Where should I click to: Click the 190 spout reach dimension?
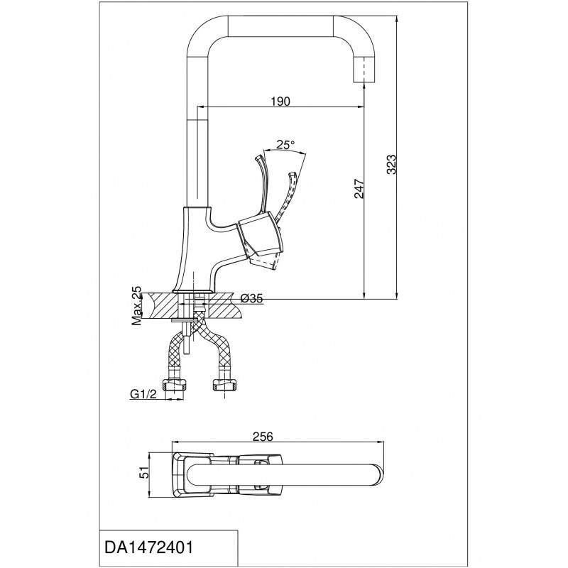click(x=280, y=102)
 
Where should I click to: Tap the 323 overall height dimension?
click(x=392, y=165)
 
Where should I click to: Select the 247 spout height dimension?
click(x=359, y=189)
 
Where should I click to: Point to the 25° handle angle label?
click(x=285, y=145)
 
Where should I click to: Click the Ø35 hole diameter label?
click(x=251, y=298)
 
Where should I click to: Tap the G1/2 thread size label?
click(x=143, y=394)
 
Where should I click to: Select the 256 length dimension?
click(x=262, y=437)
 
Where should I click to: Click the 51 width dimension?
click(x=143, y=474)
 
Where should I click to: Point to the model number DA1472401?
click(x=149, y=547)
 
